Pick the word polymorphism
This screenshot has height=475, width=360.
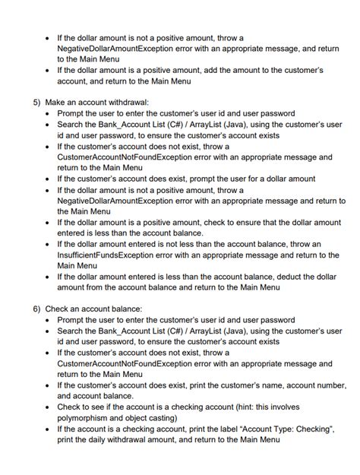(x=87, y=418)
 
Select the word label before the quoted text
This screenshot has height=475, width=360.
(x=220, y=429)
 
